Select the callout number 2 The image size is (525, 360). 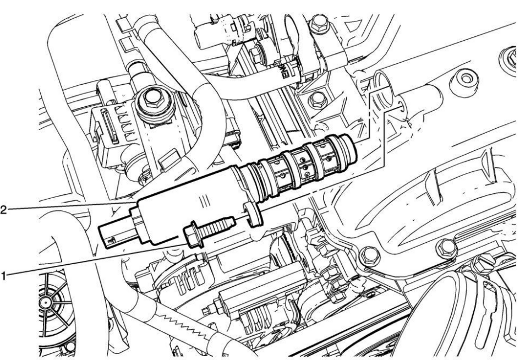coord(5,209)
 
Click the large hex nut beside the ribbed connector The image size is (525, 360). coord(150,102)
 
